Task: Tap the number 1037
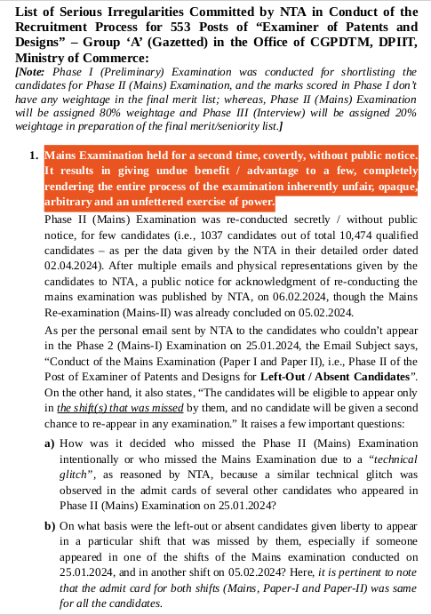(x=219, y=234)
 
